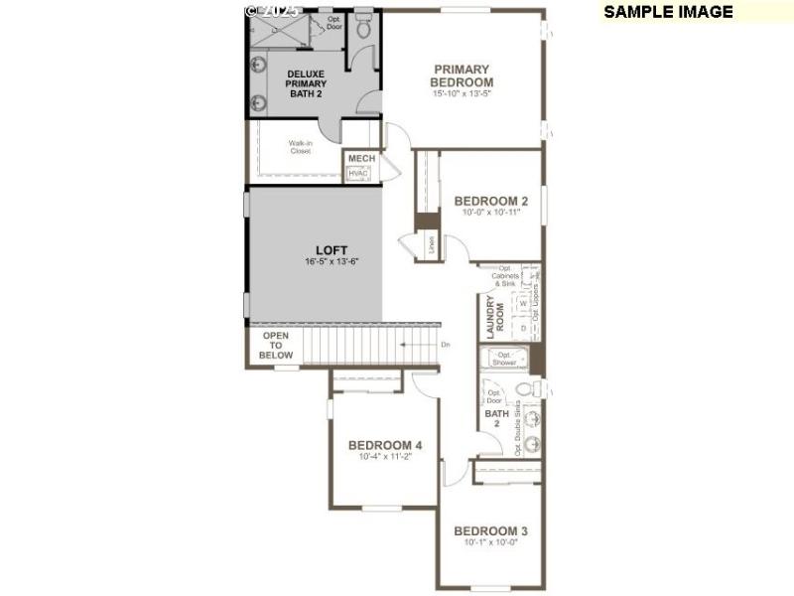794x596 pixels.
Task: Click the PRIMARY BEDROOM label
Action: click(x=462, y=75)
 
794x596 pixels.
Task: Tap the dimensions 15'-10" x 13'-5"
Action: click(x=462, y=93)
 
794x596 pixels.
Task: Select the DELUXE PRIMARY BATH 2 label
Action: click(x=306, y=83)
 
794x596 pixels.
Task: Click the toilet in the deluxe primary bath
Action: click(x=364, y=29)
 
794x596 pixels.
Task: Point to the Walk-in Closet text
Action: click(x=300, y=147)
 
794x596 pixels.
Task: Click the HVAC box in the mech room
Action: click(x=358, y=174)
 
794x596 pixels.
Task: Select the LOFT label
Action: click(x=331, y=249)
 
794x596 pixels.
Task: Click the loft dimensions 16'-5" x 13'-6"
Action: click(x=331, y=262)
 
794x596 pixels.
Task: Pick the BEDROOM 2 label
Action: click(x=491, y=201)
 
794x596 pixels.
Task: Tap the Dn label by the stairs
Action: click(x=446, y=344)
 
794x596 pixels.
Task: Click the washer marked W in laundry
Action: click(x=523, y=302)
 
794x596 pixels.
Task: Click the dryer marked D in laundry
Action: click(x=523, y=327)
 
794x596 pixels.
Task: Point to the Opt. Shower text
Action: click(x=504, y=359)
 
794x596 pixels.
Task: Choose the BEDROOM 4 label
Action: click(x=385, y=444)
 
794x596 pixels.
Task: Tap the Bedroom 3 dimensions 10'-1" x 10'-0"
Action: click(x=486, y=542)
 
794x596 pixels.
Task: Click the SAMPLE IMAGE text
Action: click(x=668, y=12)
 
